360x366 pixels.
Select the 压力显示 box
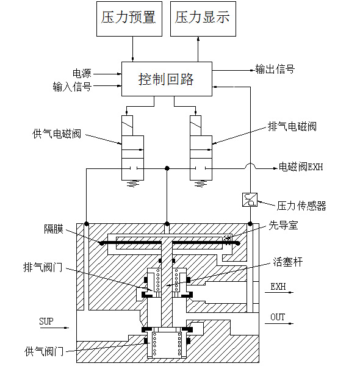[202, 18]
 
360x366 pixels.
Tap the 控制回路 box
[166, 79]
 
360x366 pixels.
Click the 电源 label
[82, 73]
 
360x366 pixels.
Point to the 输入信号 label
[72, 87]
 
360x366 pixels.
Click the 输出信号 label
[275, 70]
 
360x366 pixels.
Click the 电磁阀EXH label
[301, 167]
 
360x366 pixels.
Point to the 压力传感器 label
[301, 206]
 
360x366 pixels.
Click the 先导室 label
[284, 225]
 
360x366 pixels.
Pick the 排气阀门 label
[42, 267]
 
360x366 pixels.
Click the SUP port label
[46, 321]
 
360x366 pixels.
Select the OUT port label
[278, 317]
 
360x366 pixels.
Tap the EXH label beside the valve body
[278, 285]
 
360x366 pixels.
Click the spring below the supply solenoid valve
[131, 184]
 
